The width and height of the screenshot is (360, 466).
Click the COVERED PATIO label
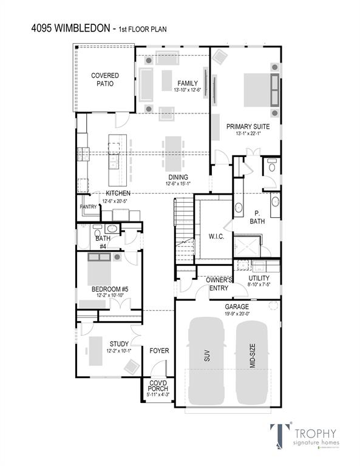[105, 79]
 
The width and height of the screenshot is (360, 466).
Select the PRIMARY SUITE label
[247, 127]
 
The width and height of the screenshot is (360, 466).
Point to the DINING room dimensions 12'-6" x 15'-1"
[178, 184]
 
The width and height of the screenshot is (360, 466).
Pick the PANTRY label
[88, 207]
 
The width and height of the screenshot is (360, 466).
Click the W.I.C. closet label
[216, 236]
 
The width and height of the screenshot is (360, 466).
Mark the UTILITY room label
[259, 278]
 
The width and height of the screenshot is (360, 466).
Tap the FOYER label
[159, 351]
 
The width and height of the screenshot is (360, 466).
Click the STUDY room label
[119, 343]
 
